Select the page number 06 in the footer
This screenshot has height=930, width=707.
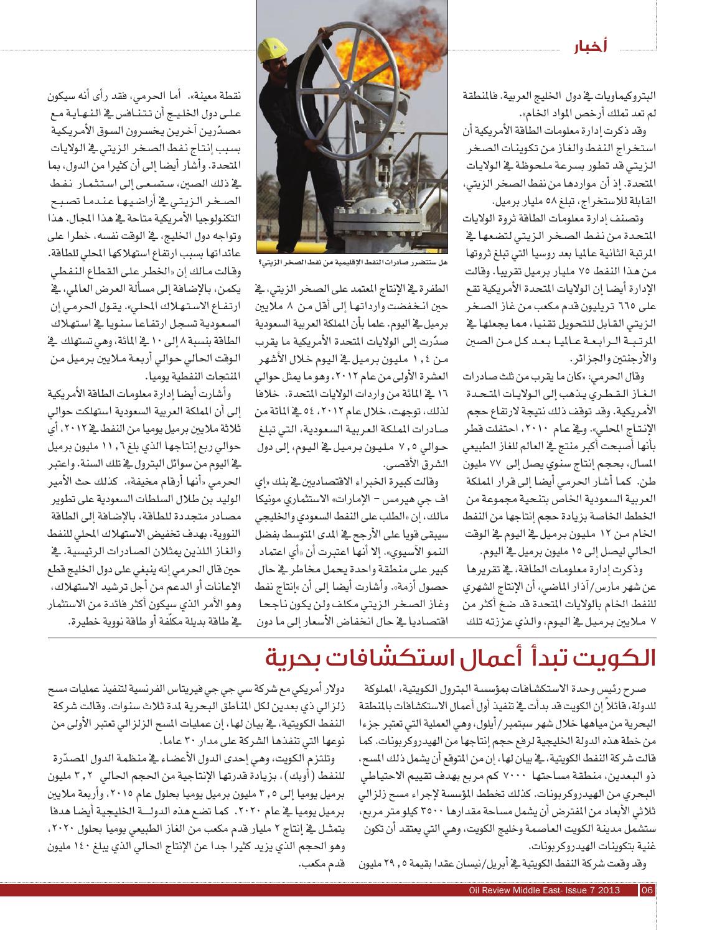click(x=647, y=889)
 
